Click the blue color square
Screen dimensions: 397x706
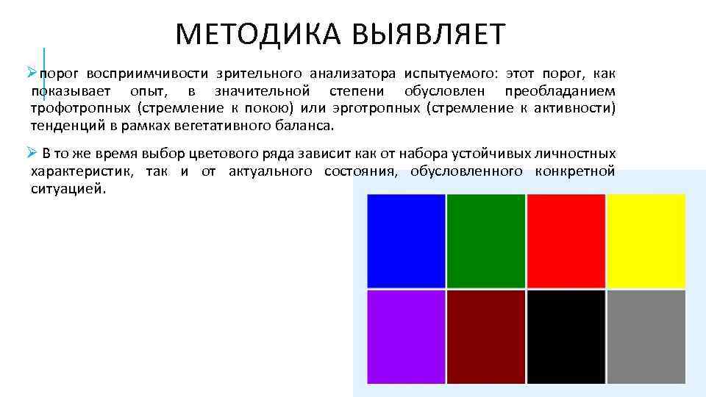(406, 241)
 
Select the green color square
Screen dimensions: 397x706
(486, 241)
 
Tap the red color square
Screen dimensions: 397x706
(566, 241)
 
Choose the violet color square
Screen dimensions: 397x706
(406, 337)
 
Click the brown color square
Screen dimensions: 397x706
(486, 337)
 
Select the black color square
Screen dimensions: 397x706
(566, 337)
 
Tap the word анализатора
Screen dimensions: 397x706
(352, 74)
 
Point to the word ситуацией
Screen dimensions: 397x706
(68, 189)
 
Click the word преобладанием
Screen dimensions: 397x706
(560, 91)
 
